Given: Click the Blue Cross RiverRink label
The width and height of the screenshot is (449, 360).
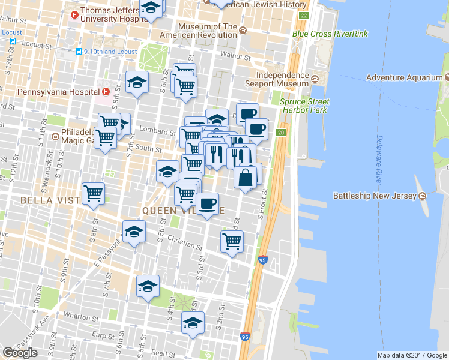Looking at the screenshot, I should point(330,34).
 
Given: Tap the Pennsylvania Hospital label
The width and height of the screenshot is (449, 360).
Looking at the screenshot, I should point(58,92).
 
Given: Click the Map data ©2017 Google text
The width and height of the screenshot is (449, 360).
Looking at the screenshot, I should point(412,355).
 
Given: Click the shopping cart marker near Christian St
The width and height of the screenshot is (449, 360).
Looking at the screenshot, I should point(232,241).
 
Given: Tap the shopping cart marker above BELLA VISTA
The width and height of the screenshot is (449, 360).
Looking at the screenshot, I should point(94,193).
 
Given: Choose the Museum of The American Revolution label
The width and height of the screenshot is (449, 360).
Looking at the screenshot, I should point(208,31).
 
